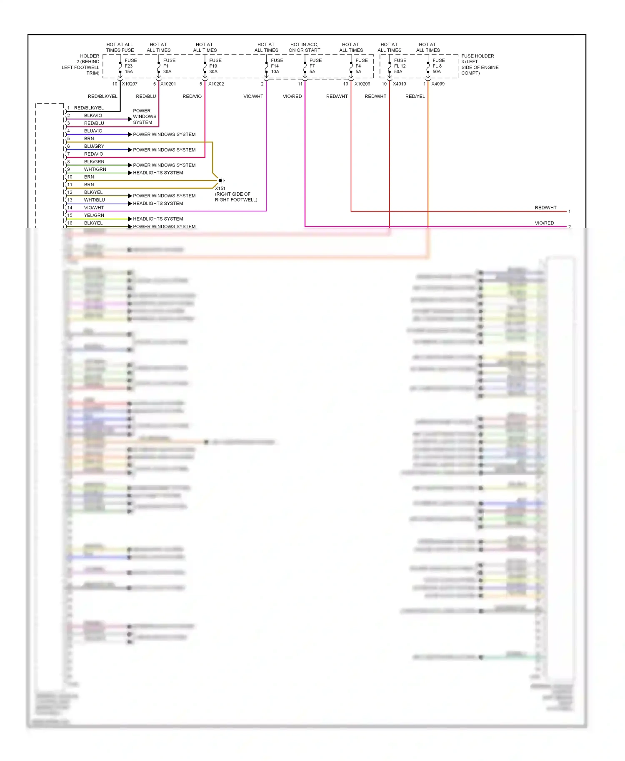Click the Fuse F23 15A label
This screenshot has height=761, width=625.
pos(130,66)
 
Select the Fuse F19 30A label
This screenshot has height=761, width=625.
pos(215,66)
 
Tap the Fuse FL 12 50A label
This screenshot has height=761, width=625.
pos(400,66)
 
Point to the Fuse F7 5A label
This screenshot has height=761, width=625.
pos(315,66)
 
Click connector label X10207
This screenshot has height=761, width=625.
pos(130,84)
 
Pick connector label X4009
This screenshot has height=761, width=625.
pos(438,84)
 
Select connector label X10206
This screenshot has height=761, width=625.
pos(362,84)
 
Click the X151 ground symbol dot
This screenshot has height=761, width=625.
pos(220,181)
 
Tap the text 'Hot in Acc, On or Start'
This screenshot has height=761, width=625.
pos(304,47)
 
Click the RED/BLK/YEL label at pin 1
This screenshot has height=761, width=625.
pos(89,108)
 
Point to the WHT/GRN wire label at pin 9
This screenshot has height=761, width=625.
pos(95,169)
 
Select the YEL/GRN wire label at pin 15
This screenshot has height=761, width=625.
pos(94,215)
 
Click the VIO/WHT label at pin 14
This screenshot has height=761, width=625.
pos(94,208)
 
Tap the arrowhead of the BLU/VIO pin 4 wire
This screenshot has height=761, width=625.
pos(130,134)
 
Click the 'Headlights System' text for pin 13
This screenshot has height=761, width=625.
pos(158,204)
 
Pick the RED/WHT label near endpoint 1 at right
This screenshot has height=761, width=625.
pos(545,208)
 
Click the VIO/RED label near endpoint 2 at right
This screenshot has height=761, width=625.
pos(544,223)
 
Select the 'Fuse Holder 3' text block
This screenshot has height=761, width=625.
pos(480,65)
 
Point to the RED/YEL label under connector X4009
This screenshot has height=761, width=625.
pos(415,97)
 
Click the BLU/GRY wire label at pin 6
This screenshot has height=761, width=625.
pos(94,147)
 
